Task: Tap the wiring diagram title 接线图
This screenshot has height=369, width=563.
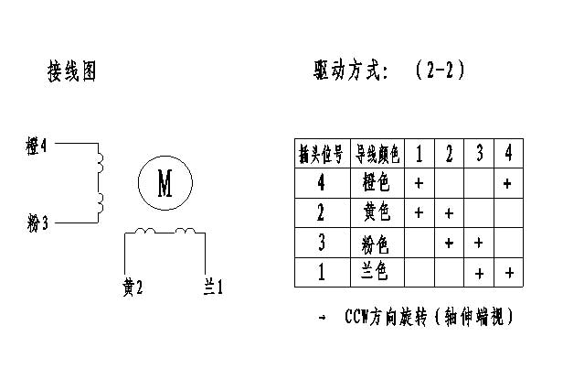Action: [72, 71]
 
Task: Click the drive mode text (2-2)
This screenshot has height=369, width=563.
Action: [441, 70]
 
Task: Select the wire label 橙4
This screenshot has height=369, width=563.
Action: [38, 145]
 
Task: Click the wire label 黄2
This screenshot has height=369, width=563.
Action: [133, 288]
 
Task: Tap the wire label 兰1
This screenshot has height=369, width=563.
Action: [213, 288]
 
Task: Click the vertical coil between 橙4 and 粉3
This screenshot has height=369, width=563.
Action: [100, 182]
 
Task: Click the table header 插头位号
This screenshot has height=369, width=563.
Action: [322, 154]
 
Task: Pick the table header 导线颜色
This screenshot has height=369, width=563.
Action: [377, 154]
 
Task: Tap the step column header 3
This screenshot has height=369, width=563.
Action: [479, 153]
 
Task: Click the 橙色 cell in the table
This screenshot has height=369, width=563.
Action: [377, 183]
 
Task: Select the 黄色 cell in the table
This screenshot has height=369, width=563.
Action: [377, 213]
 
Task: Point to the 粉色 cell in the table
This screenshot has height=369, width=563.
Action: [377, 244]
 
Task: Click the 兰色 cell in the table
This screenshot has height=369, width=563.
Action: [377, 273]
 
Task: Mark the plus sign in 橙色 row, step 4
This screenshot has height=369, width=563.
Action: [508, 183]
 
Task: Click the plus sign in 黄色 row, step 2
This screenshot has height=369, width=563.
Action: [449, 213]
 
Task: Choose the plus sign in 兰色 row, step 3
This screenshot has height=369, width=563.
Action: [479, 274]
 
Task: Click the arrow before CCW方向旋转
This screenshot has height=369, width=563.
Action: [323, 318]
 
